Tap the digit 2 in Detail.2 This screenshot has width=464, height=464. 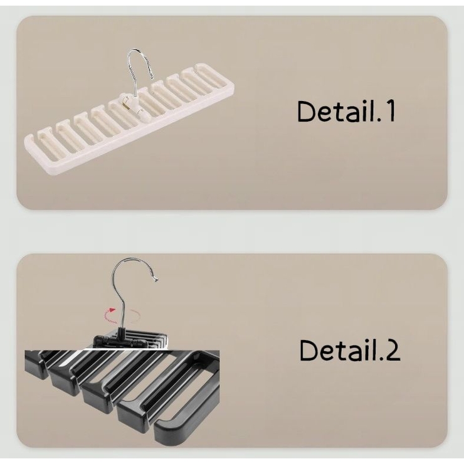pyautogui.click(x=393, y=350)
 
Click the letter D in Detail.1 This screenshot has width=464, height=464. pyautogui.click(x=306, y=111)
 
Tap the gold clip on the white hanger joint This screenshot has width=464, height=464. pyautogui.click(x=125, y=103)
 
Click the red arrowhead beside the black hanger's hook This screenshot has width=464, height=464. pyautogui.click(x=112, y=310)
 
